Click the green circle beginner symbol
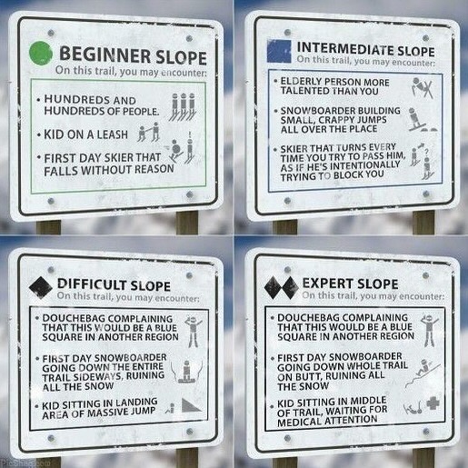click(41, 53)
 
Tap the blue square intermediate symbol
click(279, 51)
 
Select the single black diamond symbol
click(41, 287)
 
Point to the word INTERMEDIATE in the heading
click(344, 48)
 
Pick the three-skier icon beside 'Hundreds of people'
click(183, 106)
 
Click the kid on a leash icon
click(148, 132)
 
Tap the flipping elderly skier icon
click(423, 88)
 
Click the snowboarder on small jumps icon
click(422, 120)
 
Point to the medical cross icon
click(433, 403)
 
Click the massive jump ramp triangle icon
click(191, 405)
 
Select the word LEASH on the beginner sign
click(112, 134)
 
